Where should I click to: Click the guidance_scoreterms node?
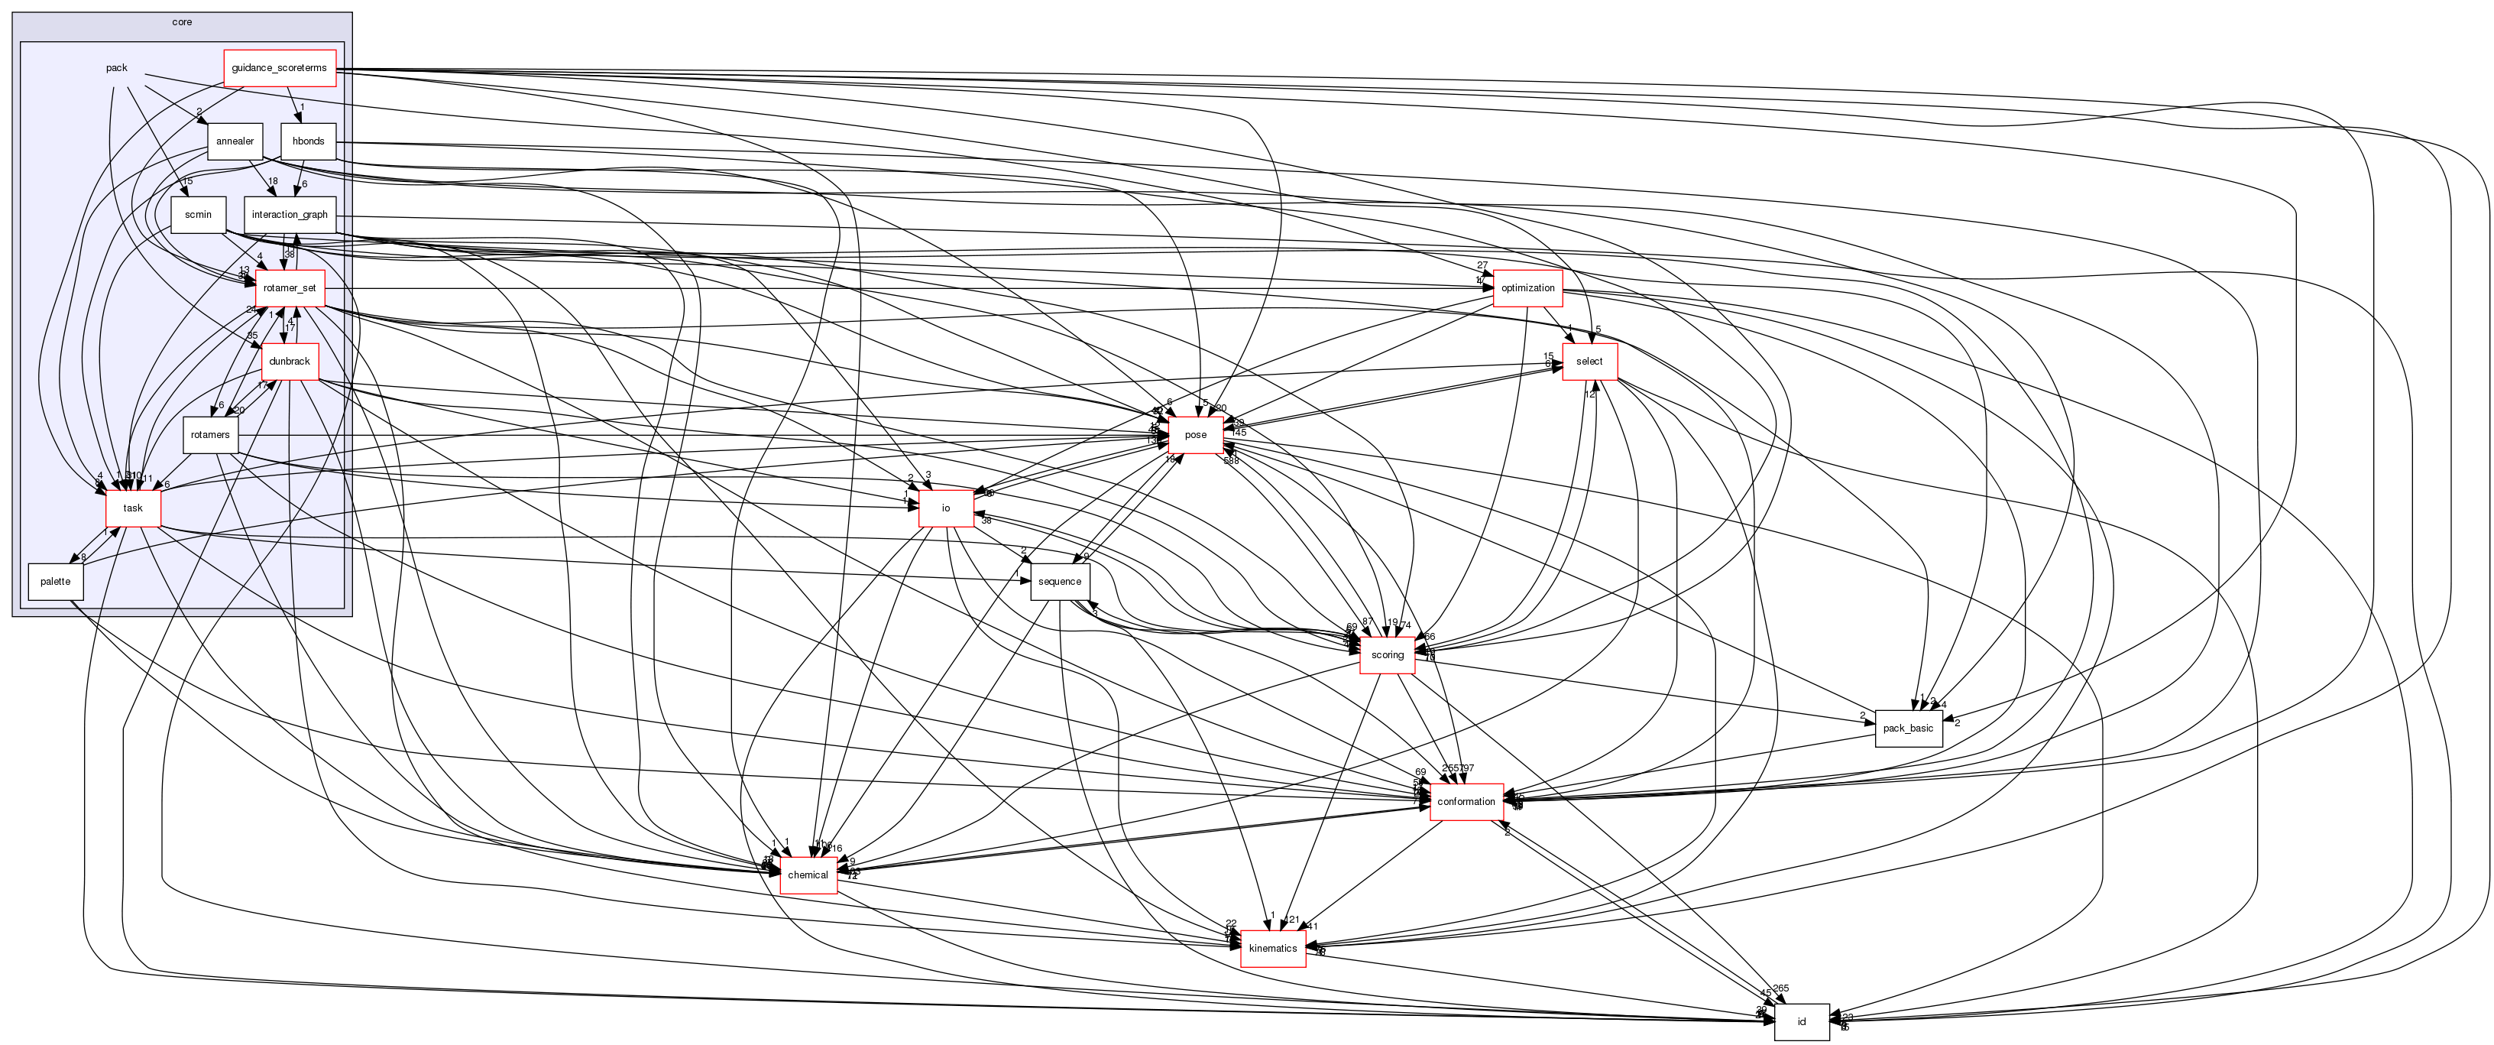pos(279,68)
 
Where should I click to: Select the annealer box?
pos(235,141)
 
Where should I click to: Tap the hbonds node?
pos(308,141)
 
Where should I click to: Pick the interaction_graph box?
pos(290,215)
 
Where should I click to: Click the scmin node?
pos(197,215)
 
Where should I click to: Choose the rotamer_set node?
pos(290,287)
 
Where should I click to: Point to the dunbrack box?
pos(290,362)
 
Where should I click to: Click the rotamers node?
pos(210,435)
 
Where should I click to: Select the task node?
pos(133,508)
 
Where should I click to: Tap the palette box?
pos(55,582)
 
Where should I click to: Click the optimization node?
pos(1527,287)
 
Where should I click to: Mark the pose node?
pos(1196,435)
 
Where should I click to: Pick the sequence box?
pos(1059,582)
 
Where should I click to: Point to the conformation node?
pos(1466,802)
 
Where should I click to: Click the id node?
pos(1801,1022)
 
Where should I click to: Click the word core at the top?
pos(182,22)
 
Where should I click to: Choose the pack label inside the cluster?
pos(116,68)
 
